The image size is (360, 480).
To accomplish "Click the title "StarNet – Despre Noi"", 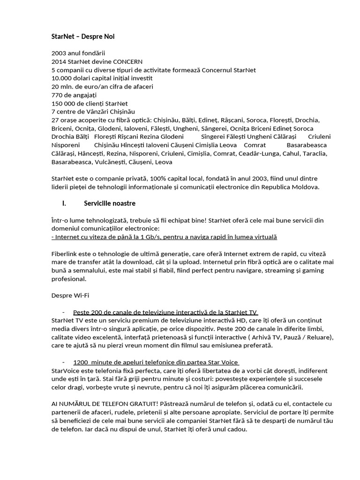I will click(82, 36).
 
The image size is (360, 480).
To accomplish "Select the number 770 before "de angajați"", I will click(57, 95).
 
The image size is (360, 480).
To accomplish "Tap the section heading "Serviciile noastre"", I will click(110, 203).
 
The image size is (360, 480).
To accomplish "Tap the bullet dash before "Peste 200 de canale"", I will click(63, 312).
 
